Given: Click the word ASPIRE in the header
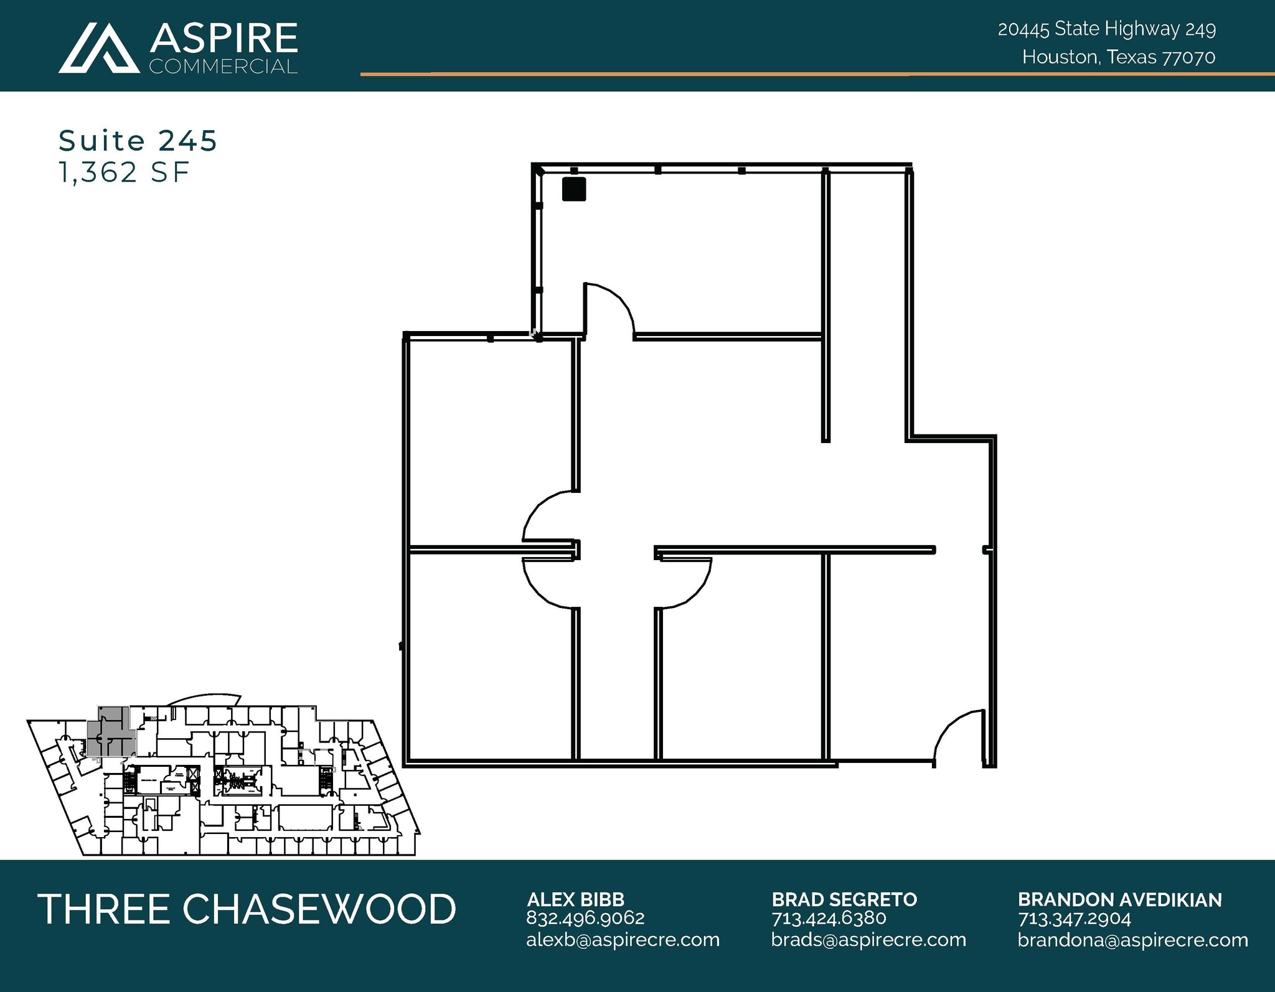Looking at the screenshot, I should pyautogui.click(x=223, y=39).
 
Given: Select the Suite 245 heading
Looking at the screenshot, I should pyautogui.click(x=138, y=141).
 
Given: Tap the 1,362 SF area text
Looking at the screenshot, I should pyautogui.click(x=123, y=172).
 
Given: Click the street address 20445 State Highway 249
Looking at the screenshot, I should pyautogui.click(x=1106, y=29).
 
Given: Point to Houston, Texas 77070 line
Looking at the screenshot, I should pyautogui.click(x=1118, y=57).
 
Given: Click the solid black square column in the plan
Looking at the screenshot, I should pyautogui.click(x=573, y=189).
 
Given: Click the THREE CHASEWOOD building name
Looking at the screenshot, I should pyautogui.click(x=247, y=909).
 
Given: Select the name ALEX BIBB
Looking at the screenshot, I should pyautogui.click(x=575, y=899).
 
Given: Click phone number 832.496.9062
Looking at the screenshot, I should pyautogui.click(x=585, y=918).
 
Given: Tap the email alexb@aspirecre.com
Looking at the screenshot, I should pyautogui.click(x=623, y=939).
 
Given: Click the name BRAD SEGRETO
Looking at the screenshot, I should pyautogui.click(x=844, y=899).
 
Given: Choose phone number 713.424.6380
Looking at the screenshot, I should pyautogui.click(x=829, y=918).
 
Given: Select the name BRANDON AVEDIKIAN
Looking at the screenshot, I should pyautogui.click(x=1119, y=899).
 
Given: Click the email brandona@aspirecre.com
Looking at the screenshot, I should pyautogui.click(x=1132, y=939).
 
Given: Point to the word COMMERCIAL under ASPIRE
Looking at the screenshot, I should pyautogui.click(x=223, y=67).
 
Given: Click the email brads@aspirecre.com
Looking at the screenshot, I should pyautogui.click(x=868, y=939).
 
